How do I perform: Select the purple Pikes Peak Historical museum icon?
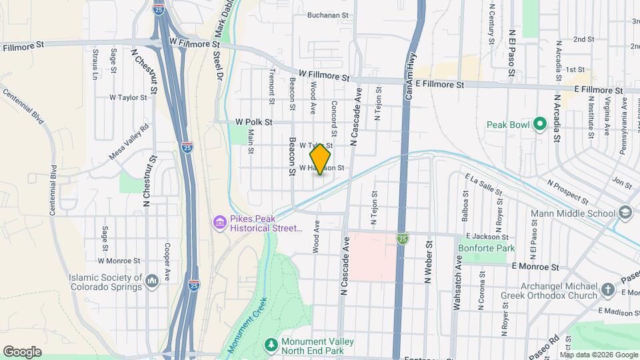point(219,221)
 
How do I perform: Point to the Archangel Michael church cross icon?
point(607,289)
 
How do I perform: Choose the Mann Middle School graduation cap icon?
point(625,213)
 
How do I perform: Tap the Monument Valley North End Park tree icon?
point(271,344)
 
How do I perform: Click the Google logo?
point(22,352)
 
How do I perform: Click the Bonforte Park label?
point(487,248)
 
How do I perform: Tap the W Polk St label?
point(254,122)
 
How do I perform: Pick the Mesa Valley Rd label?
point(130,142)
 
